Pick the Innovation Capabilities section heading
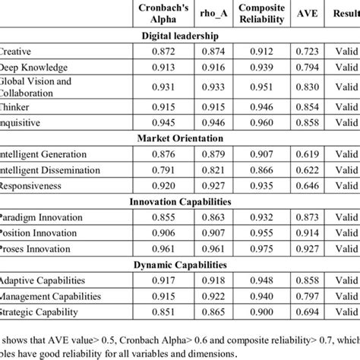point(180,201)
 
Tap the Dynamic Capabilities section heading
point(180,265)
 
